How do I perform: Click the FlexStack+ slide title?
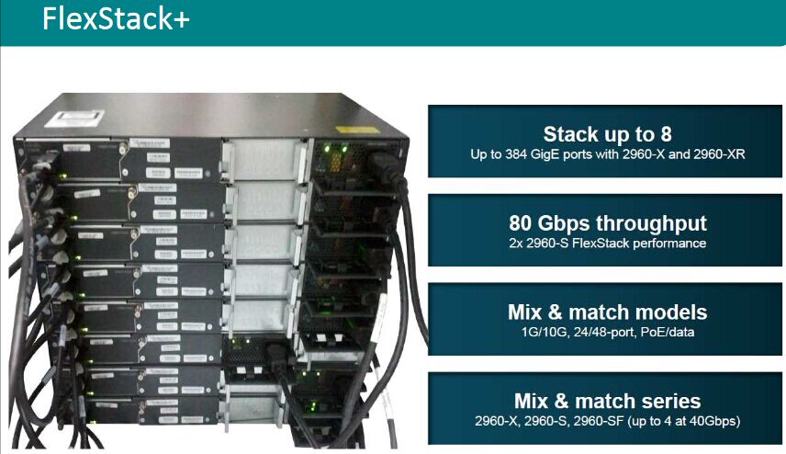[x=116, y=21]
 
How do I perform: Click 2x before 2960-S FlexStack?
[x=517, y=243]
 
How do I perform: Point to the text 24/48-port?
[x=596, y=331]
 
